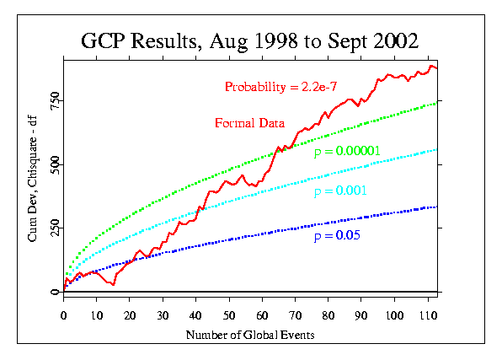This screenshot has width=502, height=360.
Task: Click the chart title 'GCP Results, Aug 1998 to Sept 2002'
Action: click(249, 41)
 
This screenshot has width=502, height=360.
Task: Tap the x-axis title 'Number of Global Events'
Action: click(250, 335)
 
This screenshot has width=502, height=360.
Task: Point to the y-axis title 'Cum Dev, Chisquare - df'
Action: click(32, 179)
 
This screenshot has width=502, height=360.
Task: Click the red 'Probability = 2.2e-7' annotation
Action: click(280, 87)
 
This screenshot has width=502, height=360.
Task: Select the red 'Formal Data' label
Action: click(249, 123)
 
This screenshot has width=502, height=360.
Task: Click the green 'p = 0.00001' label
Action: click(347, 151)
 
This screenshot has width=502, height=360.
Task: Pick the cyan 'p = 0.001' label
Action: click(340, 191)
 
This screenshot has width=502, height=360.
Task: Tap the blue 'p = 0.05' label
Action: click(337, 235)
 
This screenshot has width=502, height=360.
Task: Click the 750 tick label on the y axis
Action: click(55, 100)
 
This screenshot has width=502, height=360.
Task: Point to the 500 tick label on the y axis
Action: click(55, 164)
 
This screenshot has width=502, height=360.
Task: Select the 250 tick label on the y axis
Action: click(55, 228)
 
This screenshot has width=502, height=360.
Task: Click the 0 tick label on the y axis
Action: click(55, 292)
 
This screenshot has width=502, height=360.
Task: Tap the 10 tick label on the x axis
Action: click(97, 316)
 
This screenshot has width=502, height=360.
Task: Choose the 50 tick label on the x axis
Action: click(229, 316)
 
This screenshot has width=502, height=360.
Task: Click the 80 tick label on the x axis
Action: click(328, 316)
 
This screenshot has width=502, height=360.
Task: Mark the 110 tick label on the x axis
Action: click(429, 316)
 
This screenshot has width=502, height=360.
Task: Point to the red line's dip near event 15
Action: click(113, 284)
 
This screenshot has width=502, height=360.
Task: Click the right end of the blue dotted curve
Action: click(436, 207)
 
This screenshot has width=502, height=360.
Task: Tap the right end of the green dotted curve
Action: click(436, 103)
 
